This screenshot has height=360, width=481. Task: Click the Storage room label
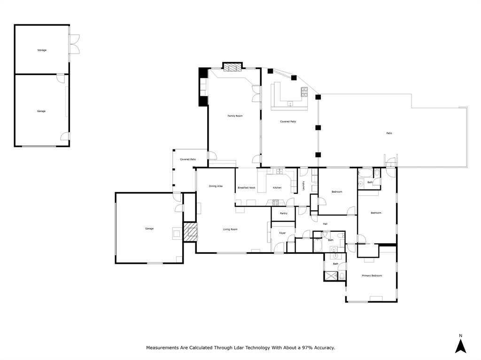pyautogui.click(x=42, y=50)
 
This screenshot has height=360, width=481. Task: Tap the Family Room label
pyautogui.click(x=235, y=115)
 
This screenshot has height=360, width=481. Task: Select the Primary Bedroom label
pyautogui.click(x=372, y=276)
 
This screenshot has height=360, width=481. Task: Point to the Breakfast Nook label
pyautogui.click(x=246, y=188)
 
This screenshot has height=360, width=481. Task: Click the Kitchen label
pyautogui.click(x=277, y=188)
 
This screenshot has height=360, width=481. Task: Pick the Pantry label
pyautogui.click(x=283, y=214)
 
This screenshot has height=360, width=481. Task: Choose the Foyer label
pyautogui.click(x=282, y=233)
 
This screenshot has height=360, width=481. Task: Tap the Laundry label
pyautogui.click(x=303, y=185)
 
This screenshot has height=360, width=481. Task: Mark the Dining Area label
pyautogui.click(x=216, y=186)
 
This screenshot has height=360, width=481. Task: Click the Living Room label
pyautogui.click(x=230, y=229)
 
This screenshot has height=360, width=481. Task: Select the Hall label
pyautogui.click(x=325, y=224)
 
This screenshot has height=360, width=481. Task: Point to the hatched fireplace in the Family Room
pyautogui.click(x=232, y=67)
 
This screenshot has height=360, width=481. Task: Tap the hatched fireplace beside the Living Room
pyautogui.click(x=190, y=232)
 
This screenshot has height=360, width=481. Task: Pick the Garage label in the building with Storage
pyautogui.click(x=41, y=111)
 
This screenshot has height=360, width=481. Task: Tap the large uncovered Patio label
pyautogui.click(x=389, y=133)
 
